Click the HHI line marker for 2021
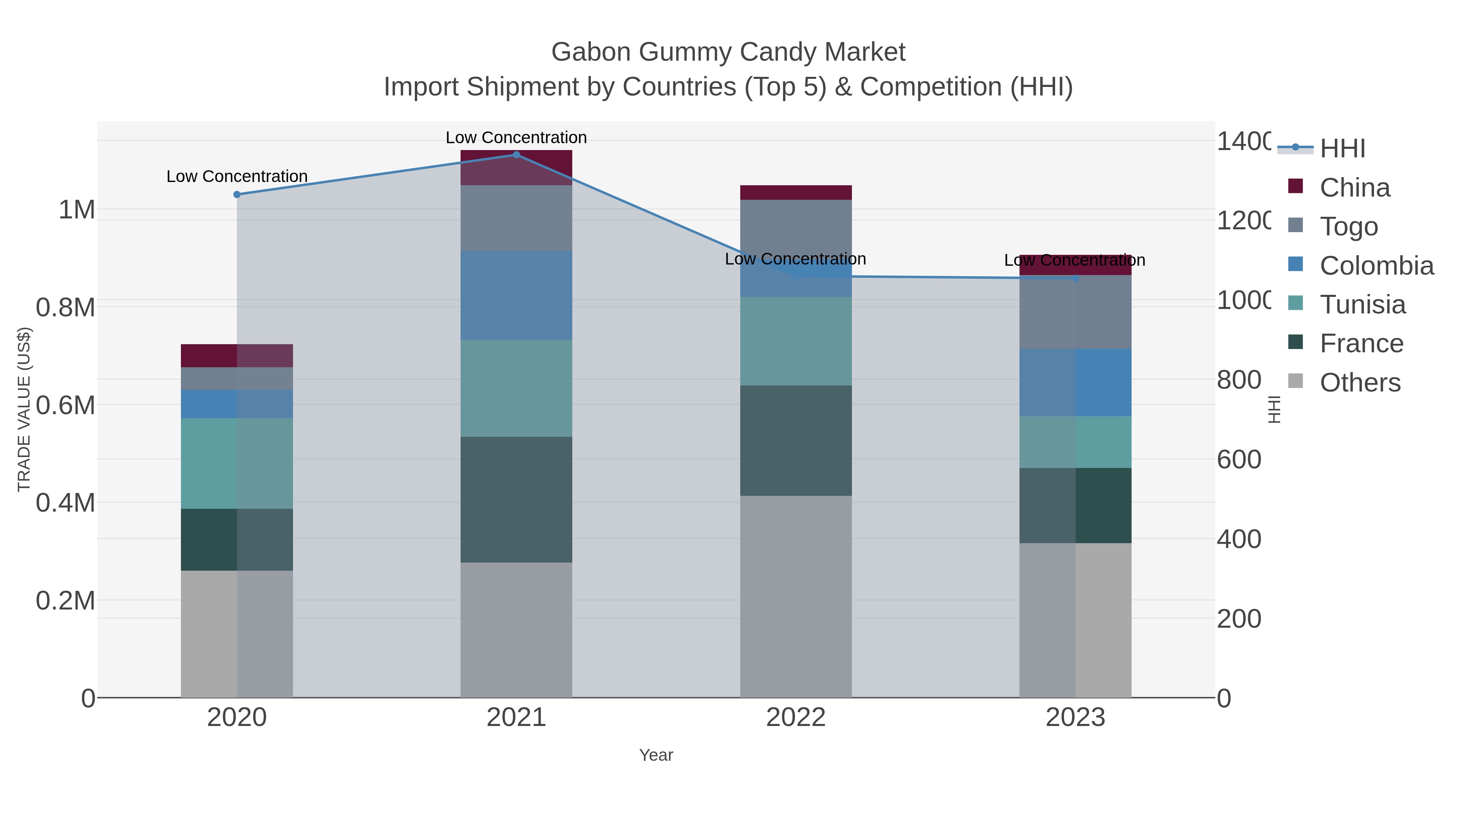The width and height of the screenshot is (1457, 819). pos(516,155)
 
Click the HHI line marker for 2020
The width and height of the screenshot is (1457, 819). pos(237,195)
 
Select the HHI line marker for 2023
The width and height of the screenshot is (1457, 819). pos(1076,278)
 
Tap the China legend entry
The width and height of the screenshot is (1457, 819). pos(1354,188)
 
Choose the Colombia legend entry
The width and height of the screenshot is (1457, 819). pos(1376,266)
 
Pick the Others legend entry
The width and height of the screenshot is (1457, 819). pos(1360,383)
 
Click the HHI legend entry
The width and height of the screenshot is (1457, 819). pos(1342,149)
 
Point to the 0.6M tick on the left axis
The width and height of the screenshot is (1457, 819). pos(66,405)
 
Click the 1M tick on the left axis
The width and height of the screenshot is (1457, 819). pos(76,210)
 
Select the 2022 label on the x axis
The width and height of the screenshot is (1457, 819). pos(796,717)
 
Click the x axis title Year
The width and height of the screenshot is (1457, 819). pos(656,755)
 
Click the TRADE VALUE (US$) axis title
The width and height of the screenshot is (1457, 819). pos(24,409)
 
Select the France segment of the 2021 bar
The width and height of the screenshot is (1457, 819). pos(516,499)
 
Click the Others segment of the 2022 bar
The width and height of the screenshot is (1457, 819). pos(796,596)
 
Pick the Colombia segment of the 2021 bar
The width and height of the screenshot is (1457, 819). pos(516,295)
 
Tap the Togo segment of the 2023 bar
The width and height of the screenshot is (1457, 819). pos(1075,312)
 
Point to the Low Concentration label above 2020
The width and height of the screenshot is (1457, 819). pos(237,176)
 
